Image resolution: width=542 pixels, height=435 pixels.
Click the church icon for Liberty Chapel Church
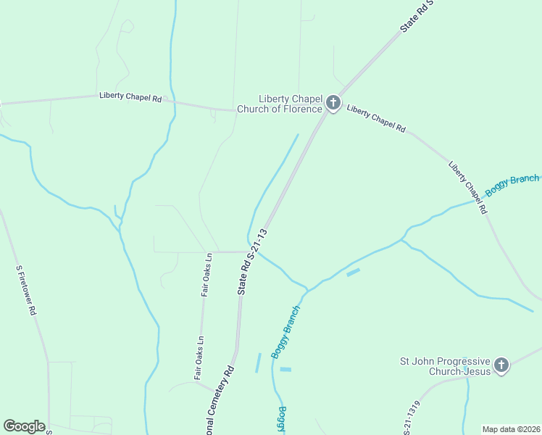point(333,103)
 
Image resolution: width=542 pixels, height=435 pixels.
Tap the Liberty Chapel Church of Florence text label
point(291,104)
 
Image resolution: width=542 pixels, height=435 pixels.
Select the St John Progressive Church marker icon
point(501,365)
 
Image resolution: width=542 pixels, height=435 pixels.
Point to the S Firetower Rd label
point(26,289)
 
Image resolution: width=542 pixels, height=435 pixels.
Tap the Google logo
point(24,426)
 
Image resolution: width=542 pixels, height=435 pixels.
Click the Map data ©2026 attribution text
point(512,428)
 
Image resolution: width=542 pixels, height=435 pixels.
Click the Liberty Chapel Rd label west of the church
point(130,97)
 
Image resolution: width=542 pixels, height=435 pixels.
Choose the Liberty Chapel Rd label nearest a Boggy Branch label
point(468,186)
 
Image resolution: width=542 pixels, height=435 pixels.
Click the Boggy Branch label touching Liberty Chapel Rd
point(513,185)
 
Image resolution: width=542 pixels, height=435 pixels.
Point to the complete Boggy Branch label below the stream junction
point(285,331)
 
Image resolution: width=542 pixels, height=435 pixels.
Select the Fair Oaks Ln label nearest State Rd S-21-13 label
point(207,275)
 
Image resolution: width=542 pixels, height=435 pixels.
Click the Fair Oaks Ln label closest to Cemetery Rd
point(199,357)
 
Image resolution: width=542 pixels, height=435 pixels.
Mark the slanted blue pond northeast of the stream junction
point(353,273)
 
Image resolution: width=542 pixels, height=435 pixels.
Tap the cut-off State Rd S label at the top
point(417,16)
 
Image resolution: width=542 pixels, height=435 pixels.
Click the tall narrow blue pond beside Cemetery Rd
point(258,362)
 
